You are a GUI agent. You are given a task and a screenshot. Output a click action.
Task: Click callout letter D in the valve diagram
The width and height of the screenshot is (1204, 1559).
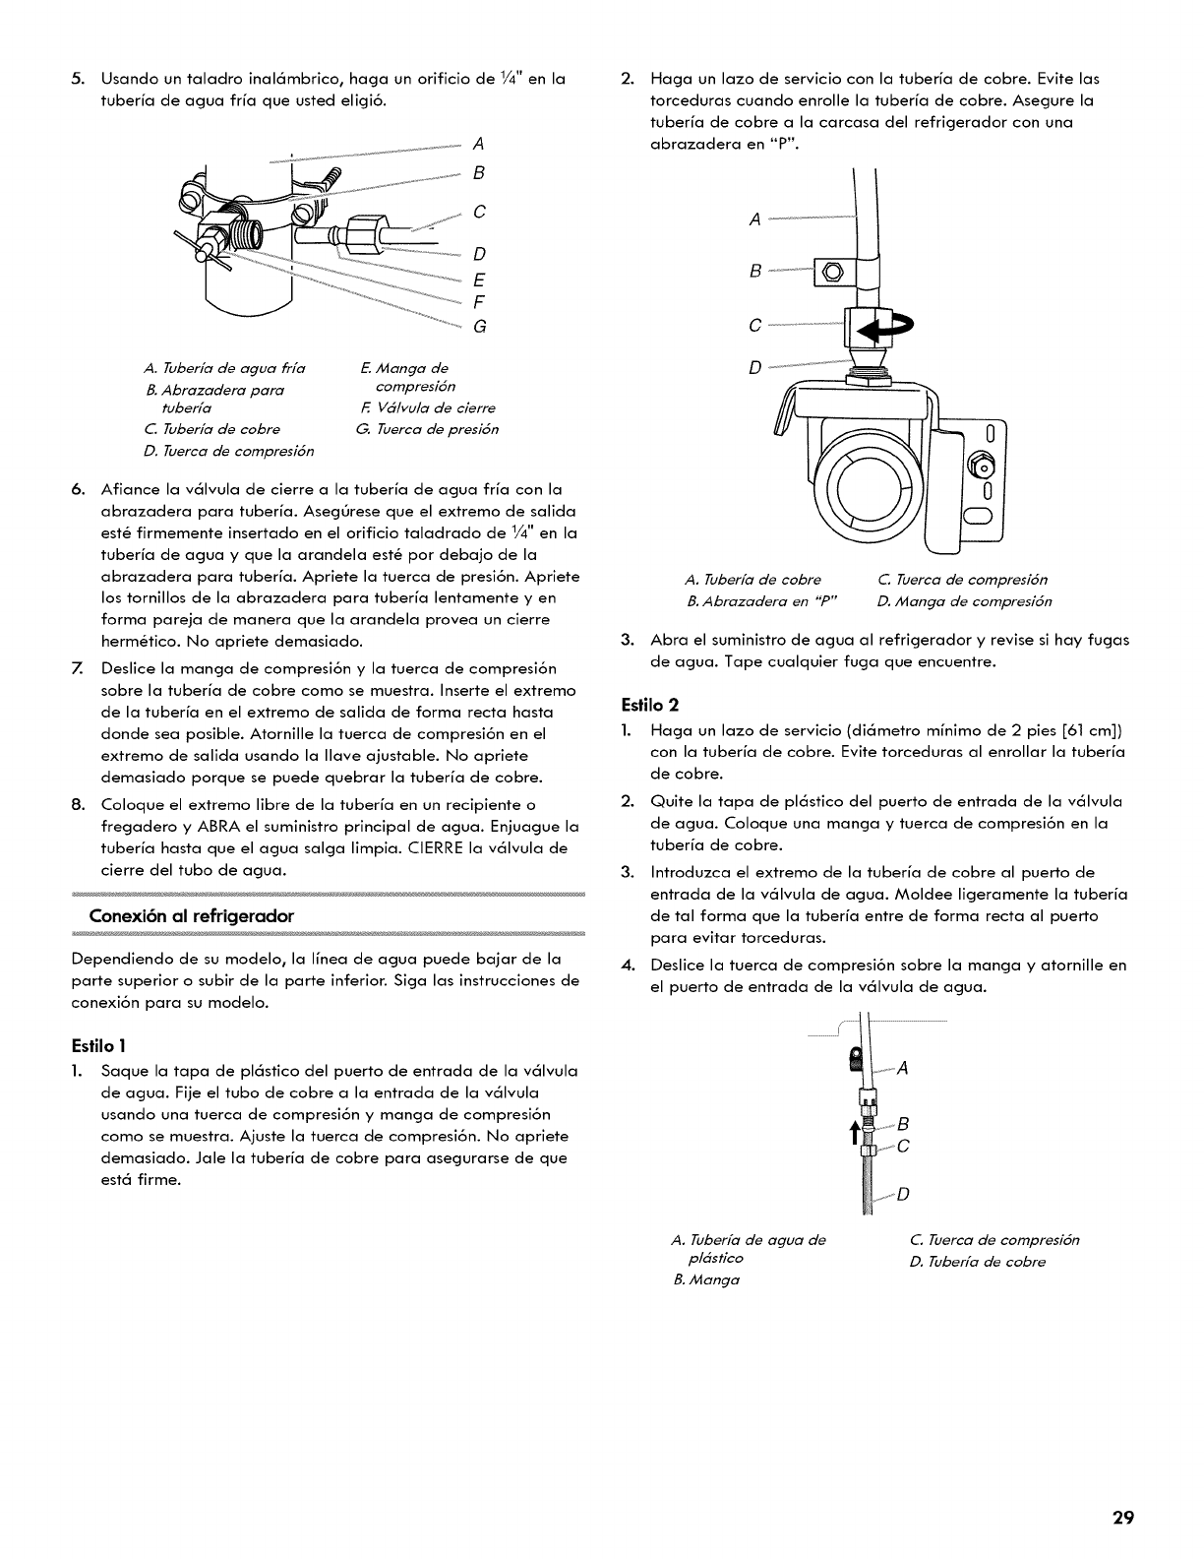click(x=755, y=368)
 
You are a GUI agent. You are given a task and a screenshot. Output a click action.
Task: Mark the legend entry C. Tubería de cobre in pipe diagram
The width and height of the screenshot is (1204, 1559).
click(x=211, y=429)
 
